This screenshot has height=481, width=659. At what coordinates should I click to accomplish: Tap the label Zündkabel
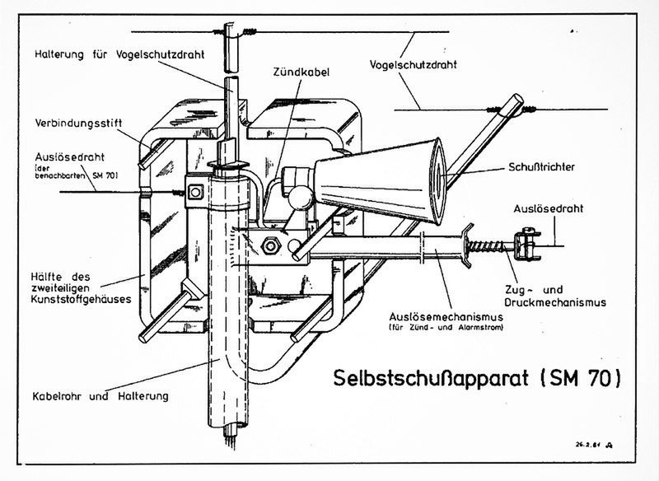301,72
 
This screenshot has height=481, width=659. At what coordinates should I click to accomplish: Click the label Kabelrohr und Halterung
102,395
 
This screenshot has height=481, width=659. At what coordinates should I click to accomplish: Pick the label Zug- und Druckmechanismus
556,296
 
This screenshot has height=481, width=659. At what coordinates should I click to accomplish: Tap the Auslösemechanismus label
439,317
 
